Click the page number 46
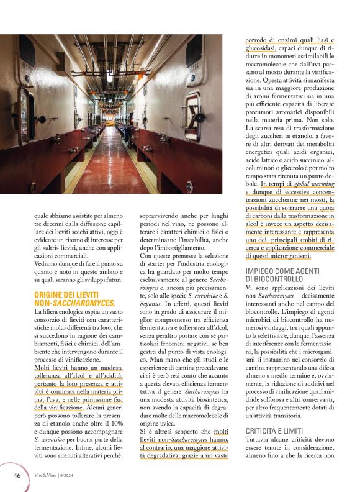(x=17, y=475)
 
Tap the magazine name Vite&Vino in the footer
(x=47, y=476)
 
